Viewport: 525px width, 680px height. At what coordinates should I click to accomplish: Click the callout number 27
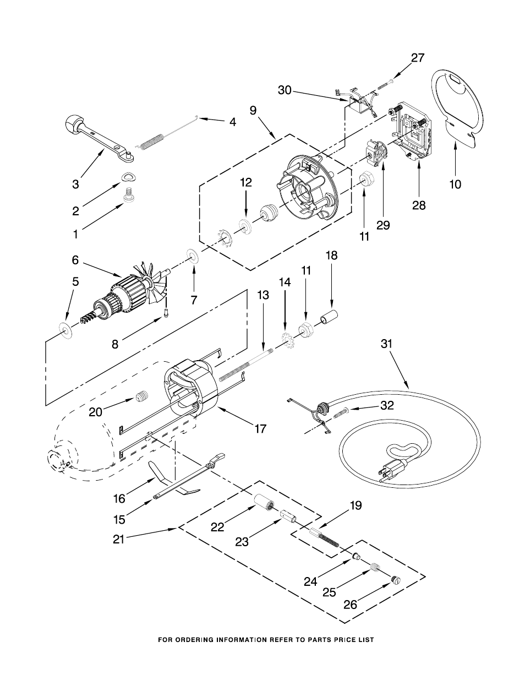[418, 58]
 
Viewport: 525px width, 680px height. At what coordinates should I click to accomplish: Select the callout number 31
[386, 344]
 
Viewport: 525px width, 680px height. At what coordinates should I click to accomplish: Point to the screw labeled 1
[128, 195]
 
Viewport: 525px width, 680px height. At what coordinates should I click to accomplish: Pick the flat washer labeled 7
[193, 256]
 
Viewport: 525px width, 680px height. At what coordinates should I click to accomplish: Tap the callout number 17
[260, 428]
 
